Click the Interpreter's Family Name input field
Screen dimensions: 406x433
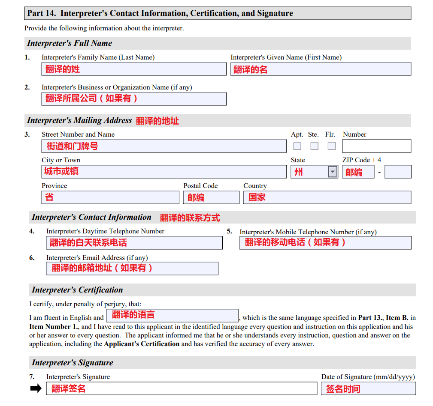[133, 69]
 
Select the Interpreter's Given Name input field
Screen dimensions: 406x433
[321, 69]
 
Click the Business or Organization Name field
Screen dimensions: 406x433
[133, 99]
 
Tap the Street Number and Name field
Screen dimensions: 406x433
[164, 146]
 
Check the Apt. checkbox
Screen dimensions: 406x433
[297, 146]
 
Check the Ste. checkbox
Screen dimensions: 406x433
[315, 146]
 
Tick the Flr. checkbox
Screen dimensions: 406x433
[331, 146]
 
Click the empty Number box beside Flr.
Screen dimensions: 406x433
[376, 146]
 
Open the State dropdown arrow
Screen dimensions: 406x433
[333, 172]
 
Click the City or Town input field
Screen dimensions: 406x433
[164, 172]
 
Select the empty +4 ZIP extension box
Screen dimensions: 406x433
[398, 172]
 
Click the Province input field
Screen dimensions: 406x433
[110, 197]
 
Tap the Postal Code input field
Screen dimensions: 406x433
[211, 197]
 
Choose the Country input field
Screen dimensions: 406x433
[327, 197]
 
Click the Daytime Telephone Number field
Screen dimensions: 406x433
[134, 243]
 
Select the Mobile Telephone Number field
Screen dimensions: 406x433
[325, 243]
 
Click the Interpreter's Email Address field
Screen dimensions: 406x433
[132, 269]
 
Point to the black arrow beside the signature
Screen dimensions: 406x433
[36, 388]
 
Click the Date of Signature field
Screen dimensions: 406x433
[368, 389]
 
